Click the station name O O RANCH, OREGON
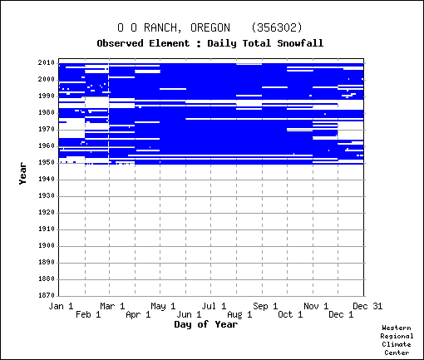(174, 27)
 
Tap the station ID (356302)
(277, 27)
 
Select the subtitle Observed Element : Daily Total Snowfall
(210, 43)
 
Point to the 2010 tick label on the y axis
(47, 62)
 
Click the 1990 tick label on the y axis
(47, 96)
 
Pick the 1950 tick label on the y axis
(47, 162)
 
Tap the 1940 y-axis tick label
(47, 179)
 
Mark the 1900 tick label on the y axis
(47, 245)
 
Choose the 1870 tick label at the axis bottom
(47, 295)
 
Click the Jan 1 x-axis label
(61, 306)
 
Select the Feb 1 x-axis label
(88, 314)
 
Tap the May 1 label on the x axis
(163, 306)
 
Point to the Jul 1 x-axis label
(214, 306)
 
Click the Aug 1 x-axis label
(239, 314)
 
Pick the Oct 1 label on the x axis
(290, 314)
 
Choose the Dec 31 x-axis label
(367, 306)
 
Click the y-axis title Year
(22, 174)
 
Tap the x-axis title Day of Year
(206, 324)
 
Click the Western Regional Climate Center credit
(397, 340)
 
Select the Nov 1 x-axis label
(316, 306)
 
